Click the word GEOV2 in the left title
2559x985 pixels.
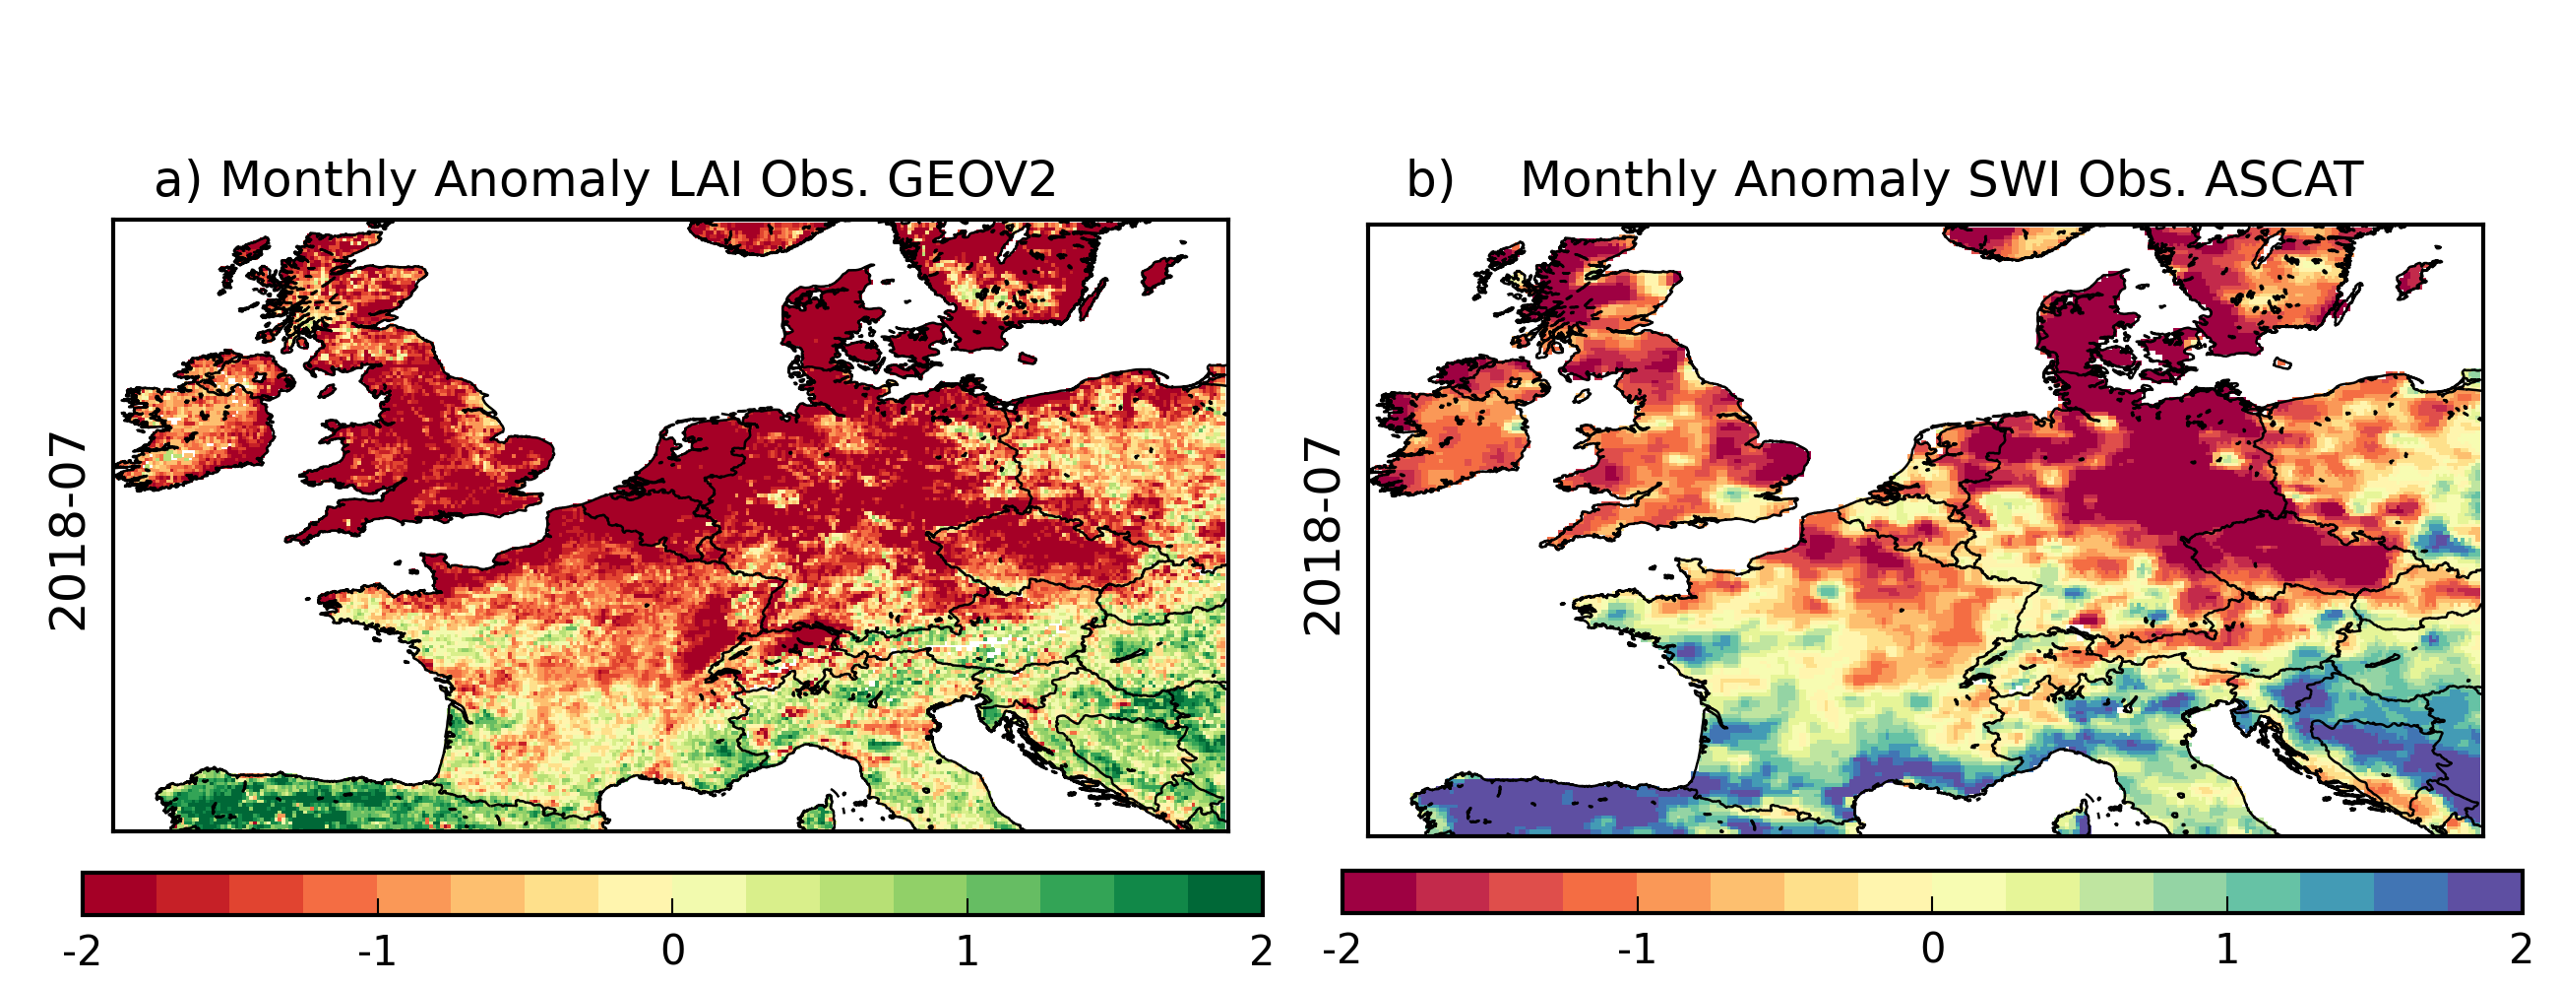[970, 180]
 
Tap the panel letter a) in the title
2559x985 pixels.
[178, 181]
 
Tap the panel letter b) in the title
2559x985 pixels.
[1429, 181]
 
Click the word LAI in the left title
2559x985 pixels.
[704, 180]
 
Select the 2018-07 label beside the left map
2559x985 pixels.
[68, 532]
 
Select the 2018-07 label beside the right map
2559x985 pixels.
[1322, 536]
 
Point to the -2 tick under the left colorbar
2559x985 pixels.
[82, 952]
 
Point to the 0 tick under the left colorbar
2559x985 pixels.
[672, 952]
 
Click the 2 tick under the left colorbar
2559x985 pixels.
[1261, 952]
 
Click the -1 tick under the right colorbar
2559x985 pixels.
[1635, 951]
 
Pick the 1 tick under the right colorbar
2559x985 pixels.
[2226, 951]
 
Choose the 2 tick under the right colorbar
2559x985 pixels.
[2521, 951]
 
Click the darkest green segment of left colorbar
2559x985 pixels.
[1224, 893]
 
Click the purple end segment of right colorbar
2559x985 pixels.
[2484, 891]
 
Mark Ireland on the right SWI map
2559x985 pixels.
[1451, 427]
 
